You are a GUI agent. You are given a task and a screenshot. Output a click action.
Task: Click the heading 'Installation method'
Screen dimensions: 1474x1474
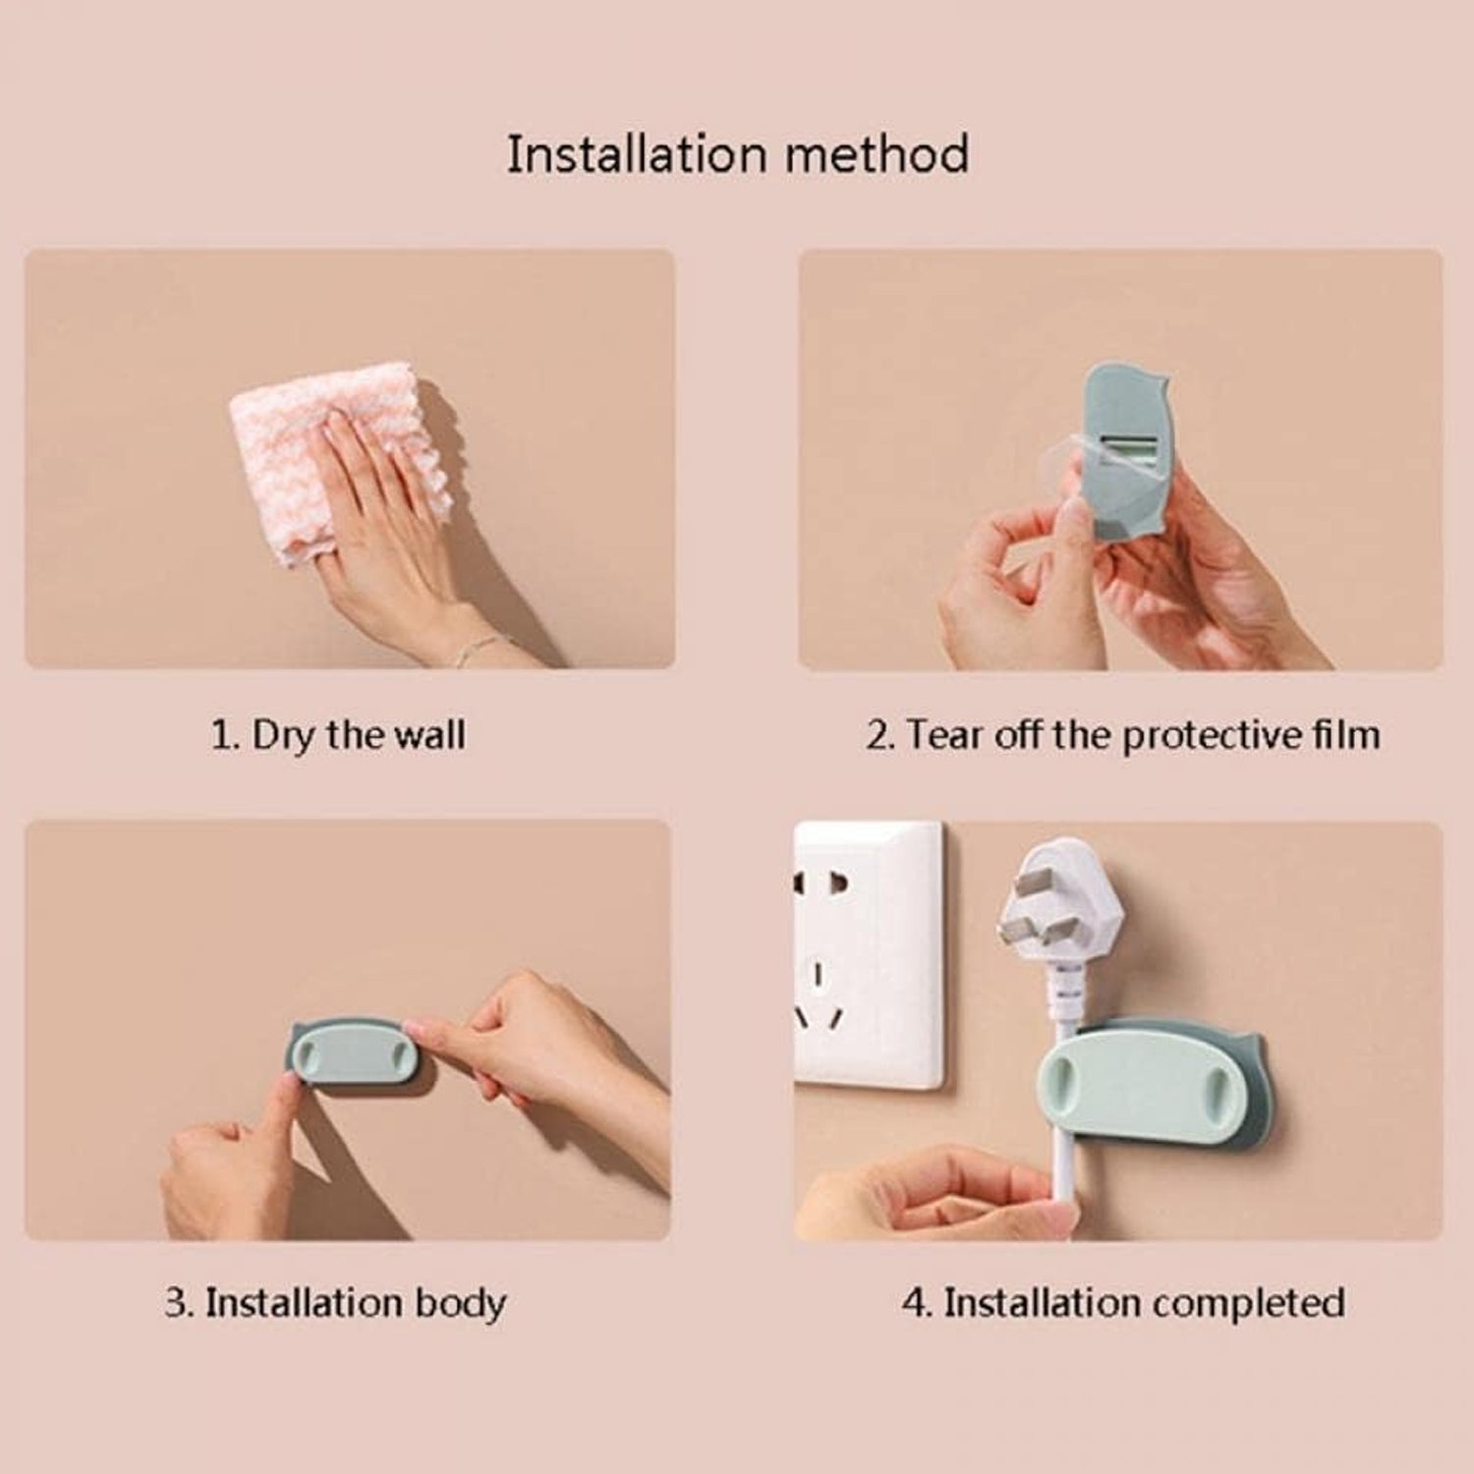[x=737, y=155]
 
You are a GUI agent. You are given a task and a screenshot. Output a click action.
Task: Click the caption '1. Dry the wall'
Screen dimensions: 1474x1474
[x=338, y=735]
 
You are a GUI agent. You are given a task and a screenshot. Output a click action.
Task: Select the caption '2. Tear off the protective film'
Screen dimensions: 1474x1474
[x=1122, y=735]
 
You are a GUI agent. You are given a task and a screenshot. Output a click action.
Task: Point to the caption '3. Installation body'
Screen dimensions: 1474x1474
[x=335, y=1303]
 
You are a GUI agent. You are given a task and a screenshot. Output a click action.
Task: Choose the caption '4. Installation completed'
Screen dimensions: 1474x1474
[x=1122, y=1303]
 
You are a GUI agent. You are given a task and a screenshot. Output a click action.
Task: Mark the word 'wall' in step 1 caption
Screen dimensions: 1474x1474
[x=429, y=735]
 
